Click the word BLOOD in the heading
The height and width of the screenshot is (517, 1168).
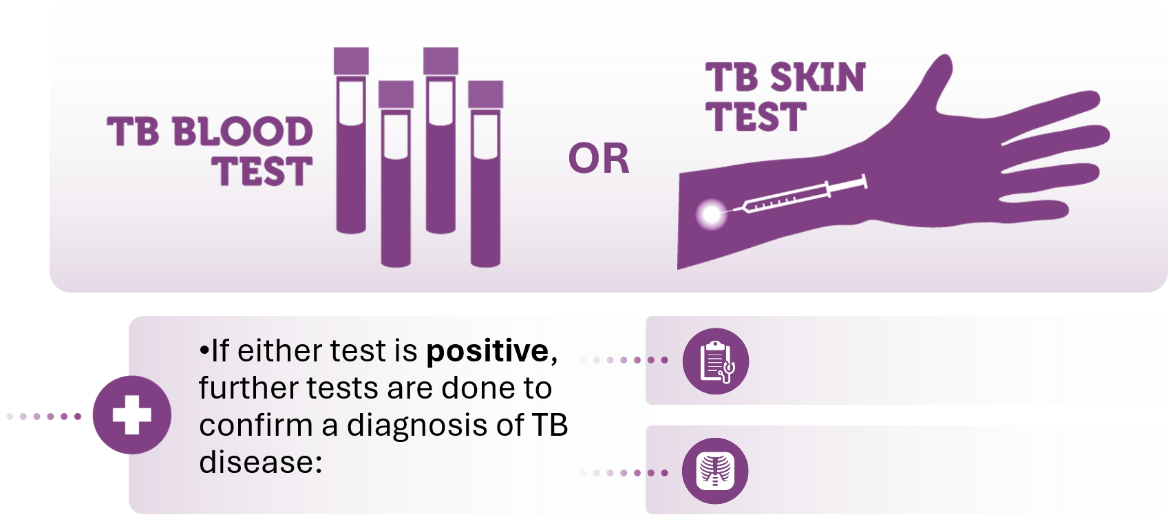click(x=242, y=131)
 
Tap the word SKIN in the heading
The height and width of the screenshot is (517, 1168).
click(x=818, y=78)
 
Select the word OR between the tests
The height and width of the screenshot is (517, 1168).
click(x=599, y=158)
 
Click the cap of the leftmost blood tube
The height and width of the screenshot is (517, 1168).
click(x=351, y=61)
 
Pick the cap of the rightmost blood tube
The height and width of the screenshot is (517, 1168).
click(x=485, y=94)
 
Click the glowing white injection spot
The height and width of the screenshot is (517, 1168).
click(x=711, y=214)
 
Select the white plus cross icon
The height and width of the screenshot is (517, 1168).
click(x=132, y=415)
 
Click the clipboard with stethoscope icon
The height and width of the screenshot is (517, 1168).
click(x=716, y=361)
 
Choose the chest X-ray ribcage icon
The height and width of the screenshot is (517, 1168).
click(x=715, y=471)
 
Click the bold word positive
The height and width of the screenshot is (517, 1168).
click(x=487, y=352)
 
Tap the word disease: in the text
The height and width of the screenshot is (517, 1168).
click(x=261, y=462)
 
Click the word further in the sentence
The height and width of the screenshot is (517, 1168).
click(x=248, y=388)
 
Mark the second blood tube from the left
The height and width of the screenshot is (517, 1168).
click(x=396, y=173)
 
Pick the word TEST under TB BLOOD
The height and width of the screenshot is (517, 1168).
click(x=262, y=171)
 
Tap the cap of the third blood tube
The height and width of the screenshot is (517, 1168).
click(x=440, y=61)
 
